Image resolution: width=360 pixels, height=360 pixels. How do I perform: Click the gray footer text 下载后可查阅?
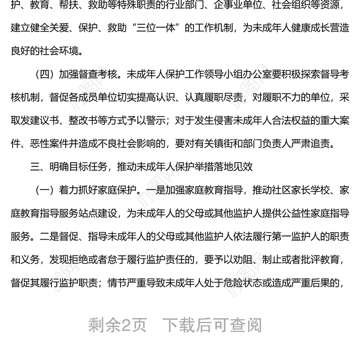[212, 325]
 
